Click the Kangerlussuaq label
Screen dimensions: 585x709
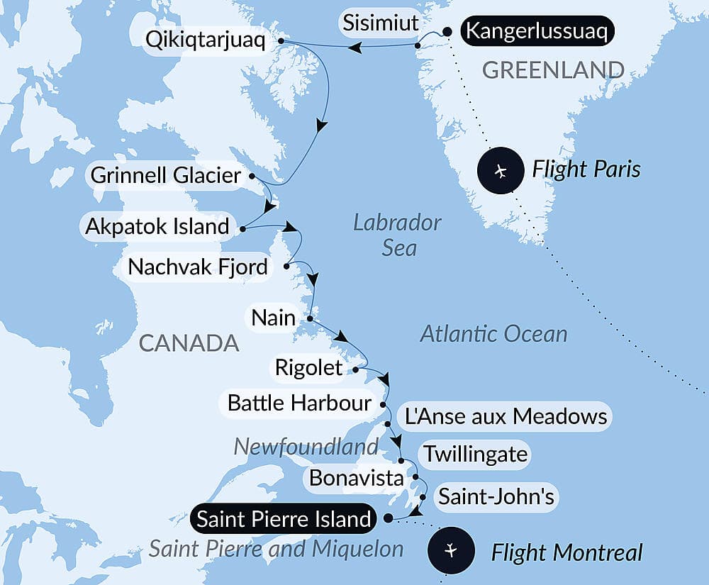537,32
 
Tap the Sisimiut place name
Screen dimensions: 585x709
380,23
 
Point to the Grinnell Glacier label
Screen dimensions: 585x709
167,175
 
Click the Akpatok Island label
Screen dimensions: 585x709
157,227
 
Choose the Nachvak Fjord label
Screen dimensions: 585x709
199,267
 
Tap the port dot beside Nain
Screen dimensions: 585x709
310,318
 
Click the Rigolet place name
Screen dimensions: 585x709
309,368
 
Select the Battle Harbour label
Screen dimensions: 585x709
298,403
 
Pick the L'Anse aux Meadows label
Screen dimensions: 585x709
506,416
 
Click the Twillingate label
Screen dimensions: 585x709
475,454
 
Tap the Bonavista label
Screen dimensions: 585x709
357,478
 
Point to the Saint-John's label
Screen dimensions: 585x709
496,496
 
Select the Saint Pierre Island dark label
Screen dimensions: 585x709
284,519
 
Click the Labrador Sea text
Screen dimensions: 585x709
397,235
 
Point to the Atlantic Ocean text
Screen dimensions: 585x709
493,333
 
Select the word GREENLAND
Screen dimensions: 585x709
553,69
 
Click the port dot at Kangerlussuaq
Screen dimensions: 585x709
447,31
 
